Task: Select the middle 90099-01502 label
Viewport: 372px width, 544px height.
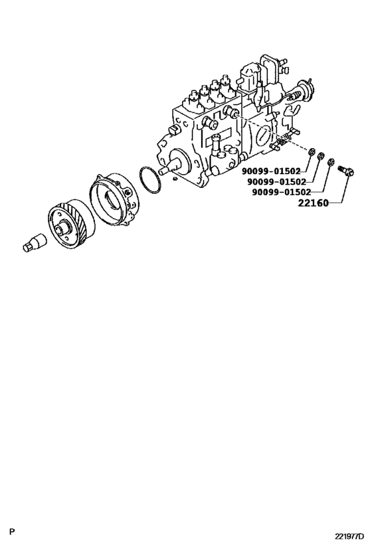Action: pyautogui.click(x=276, y=181)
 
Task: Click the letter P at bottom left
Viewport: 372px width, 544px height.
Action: pyautogui.click(x=12, y=531)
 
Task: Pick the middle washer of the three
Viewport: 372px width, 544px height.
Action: pyautogui.click(x=321, y=157)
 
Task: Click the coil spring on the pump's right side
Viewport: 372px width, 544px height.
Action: pyautogui.click(x=281, y=141)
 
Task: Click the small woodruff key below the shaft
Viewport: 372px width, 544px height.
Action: pyautogui.click(x=173, y=177)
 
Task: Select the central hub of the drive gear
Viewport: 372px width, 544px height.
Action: pyautogui.click(x=65, y=228)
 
